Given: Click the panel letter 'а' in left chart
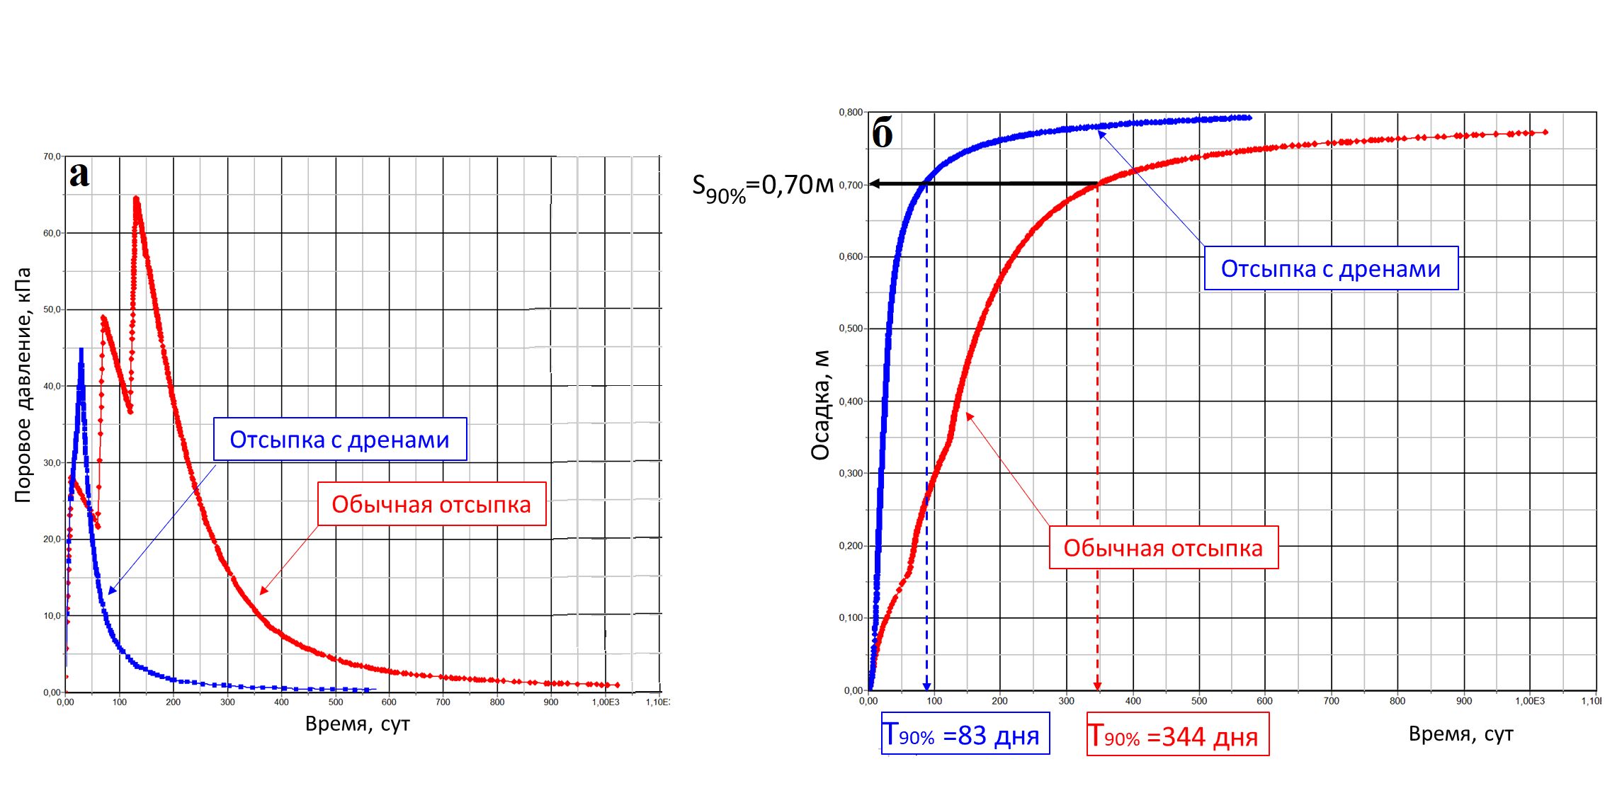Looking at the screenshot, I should pyautogui.click(x=79, y=175).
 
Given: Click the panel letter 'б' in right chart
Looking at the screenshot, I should pyautogui.click(x=882, y=133).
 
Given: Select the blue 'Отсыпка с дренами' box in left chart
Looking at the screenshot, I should pyautogui.click(x=340, y=440).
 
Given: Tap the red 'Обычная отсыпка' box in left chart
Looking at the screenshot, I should pyautogui.click(x=431, y=504).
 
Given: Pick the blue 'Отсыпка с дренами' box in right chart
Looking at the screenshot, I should pyautogui.click(x=1331, y=268).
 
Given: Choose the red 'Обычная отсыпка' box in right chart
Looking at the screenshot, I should pyautogui.click(x=1163, y=547).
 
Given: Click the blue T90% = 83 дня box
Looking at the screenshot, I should pyautogui.click(x=965, y=735).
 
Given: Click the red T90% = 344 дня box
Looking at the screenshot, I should pyautogui.click(x=1177, y=736).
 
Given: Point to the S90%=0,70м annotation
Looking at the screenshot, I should pyautogui.click(x=762, y=186).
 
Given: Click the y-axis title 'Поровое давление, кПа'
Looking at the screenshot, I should pyautogui.click(x=23, y=385).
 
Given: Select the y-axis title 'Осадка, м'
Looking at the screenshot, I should pyautogui.click(x=820, y=406).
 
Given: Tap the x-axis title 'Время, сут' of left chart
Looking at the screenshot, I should pyautogui.click(x=357, y=724).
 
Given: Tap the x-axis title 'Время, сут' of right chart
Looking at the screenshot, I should pyautogui.click(x=1461, y=734).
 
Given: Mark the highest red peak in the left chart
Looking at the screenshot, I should pyautogui.click(x=135, y=199).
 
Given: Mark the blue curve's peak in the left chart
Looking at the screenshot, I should pyautogui.click(x=81, y=349).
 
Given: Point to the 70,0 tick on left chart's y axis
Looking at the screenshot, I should pyautogui.click(x=52, y=156).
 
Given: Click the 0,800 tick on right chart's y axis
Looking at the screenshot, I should pyautogui.click(x=851, y=113).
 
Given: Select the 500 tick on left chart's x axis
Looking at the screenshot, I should pyautogui.click(x=335, y=702).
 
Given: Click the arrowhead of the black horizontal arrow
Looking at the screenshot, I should pyautogui.click(x=875, y=184).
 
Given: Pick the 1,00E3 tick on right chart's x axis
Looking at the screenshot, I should pyautogui.click(x=1529, y=701).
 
